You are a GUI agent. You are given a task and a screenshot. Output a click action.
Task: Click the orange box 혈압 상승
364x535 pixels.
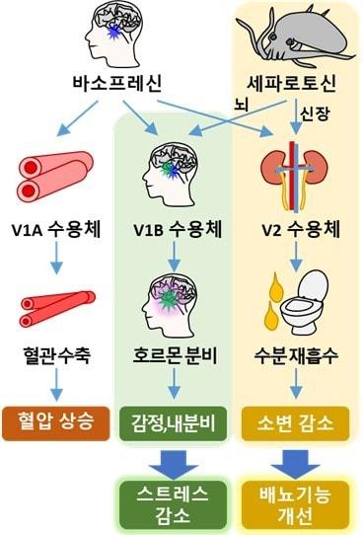(55, 420)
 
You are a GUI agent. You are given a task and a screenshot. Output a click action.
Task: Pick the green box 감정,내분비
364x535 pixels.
(173, 420)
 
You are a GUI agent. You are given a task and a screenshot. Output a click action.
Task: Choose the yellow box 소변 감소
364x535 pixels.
(294, 420)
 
